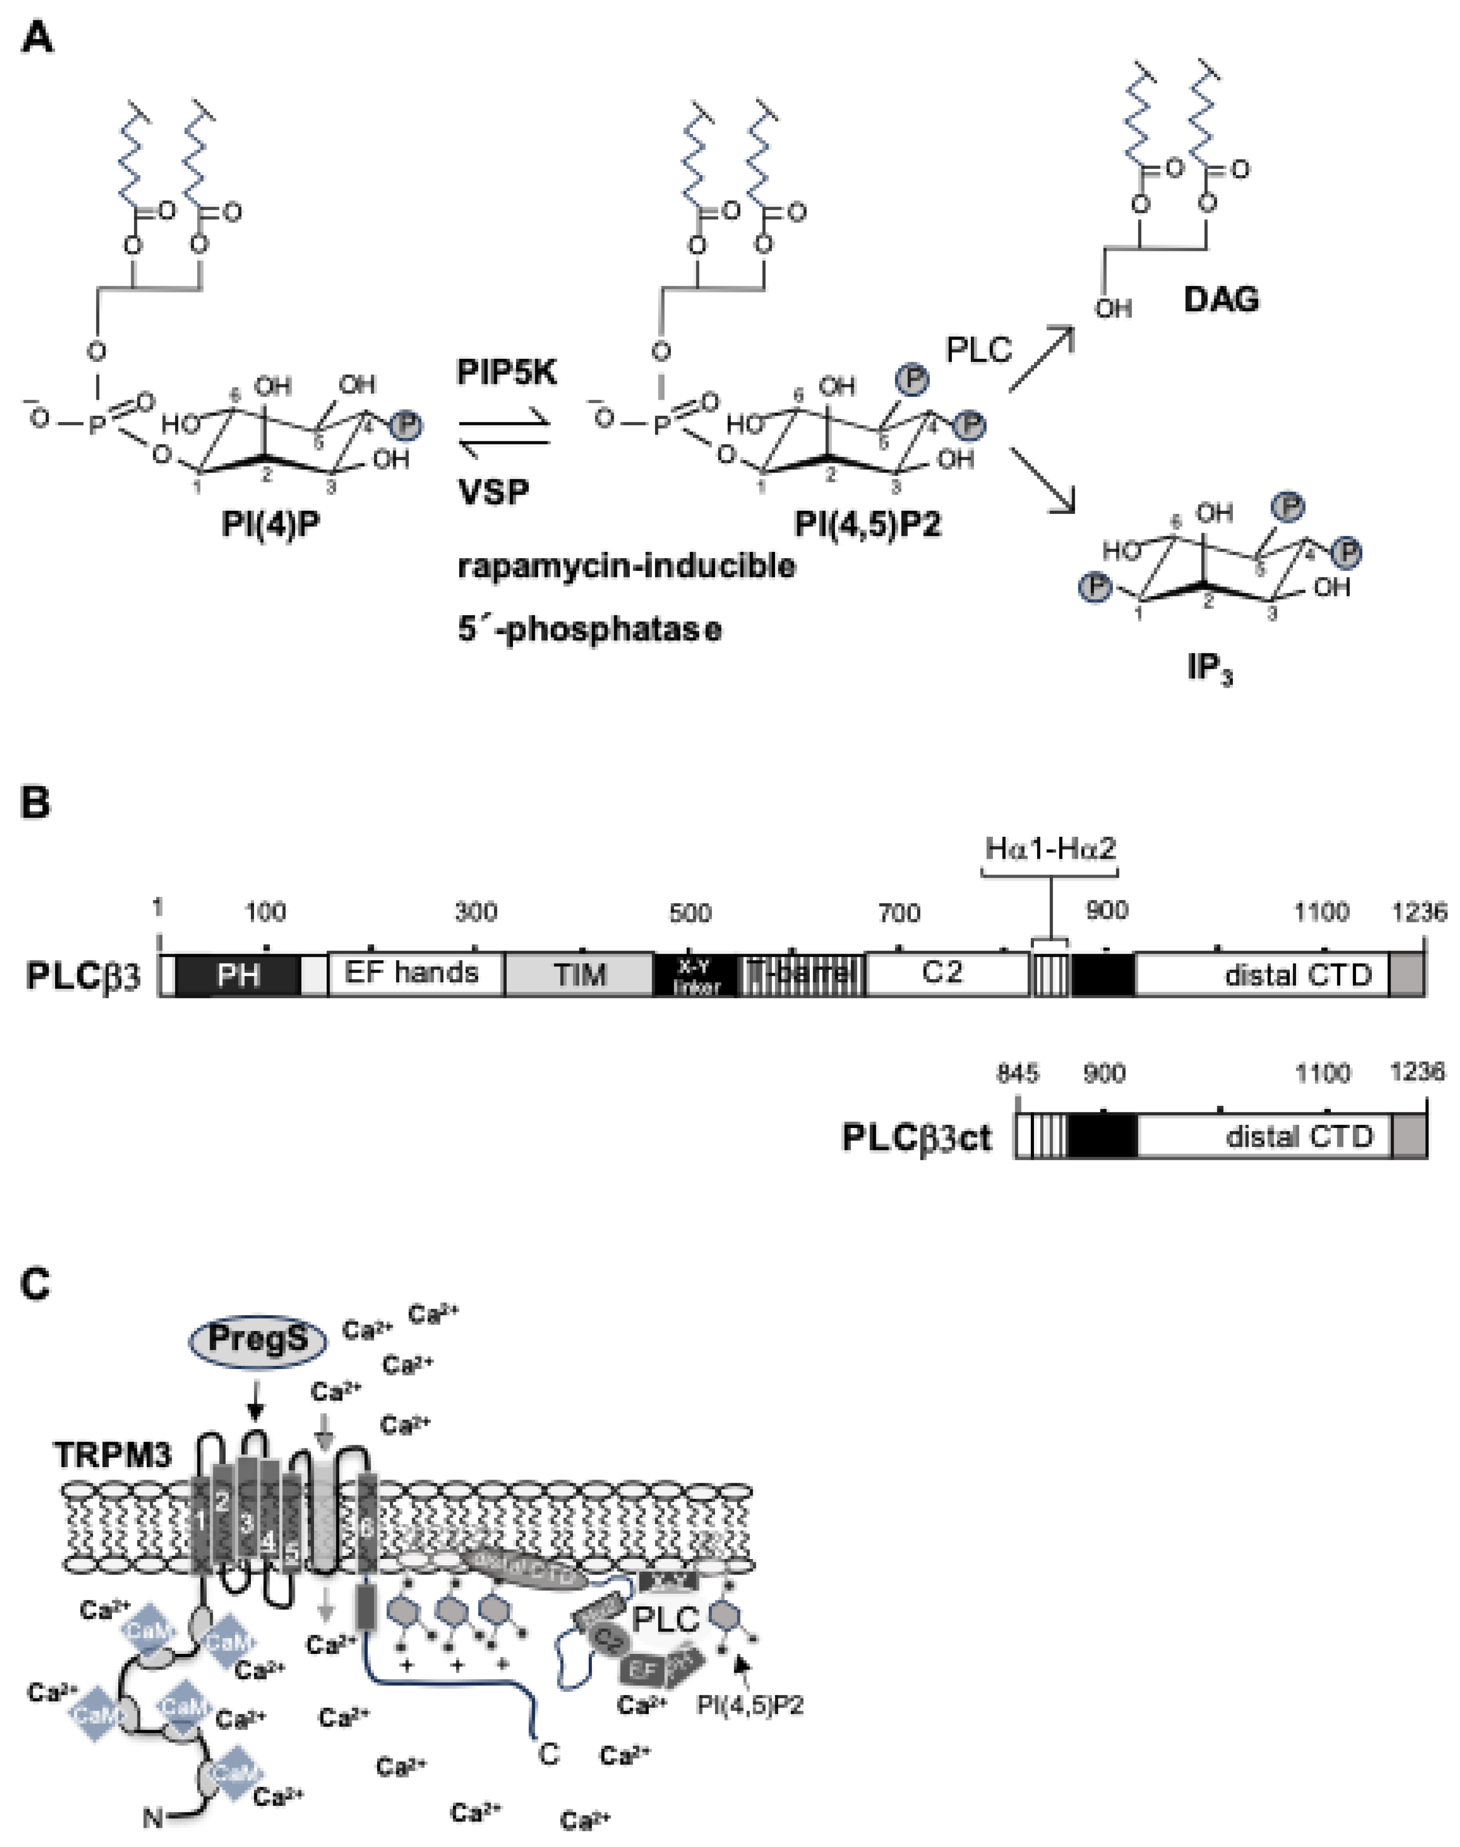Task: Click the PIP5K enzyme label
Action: point(507,373)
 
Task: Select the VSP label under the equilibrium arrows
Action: point(493,492)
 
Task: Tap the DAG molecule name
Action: point(1221,299)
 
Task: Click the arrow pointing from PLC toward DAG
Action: point(1041,359)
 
